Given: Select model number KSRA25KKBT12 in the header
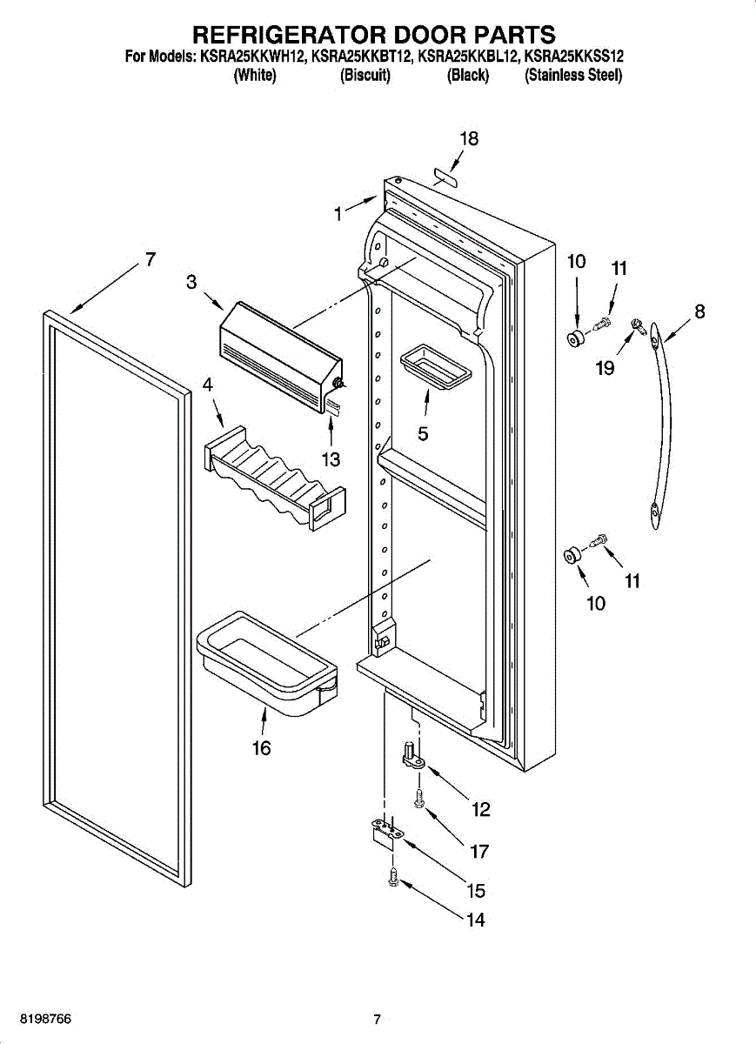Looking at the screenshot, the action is [x=362, y=57].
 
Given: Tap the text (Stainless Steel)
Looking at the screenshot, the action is [x=573, y=75].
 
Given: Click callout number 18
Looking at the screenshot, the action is [x=469, y=139].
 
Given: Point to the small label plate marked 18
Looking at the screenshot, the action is [x=445, y=177].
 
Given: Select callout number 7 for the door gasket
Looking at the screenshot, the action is [x=150, y=259].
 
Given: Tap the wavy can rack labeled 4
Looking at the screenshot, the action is [x=275, y=478].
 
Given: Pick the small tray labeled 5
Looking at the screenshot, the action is [x=436, y=367].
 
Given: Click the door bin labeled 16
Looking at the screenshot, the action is [x=267, y=663].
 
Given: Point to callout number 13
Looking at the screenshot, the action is [x=331, y=459].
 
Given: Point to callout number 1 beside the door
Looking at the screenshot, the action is [x=338, y=214].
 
